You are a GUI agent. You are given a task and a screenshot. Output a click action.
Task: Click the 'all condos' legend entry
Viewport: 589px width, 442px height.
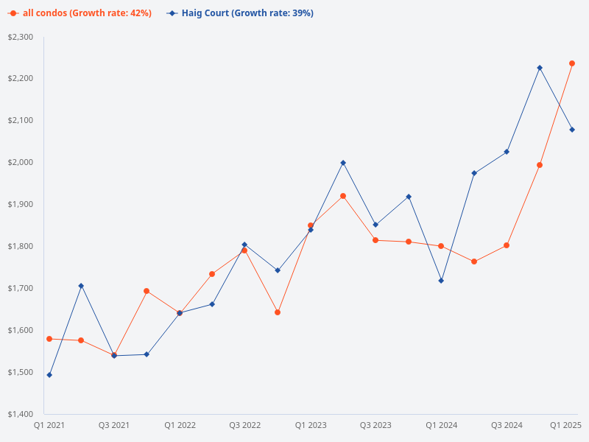pos(81,13)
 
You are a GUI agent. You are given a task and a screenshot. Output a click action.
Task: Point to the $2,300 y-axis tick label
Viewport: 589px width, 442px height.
pos(20,37)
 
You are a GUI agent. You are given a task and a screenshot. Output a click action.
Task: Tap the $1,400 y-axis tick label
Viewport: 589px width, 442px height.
pos(20,414)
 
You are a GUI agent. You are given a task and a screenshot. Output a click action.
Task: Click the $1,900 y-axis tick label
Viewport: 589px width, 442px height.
pos(20,204)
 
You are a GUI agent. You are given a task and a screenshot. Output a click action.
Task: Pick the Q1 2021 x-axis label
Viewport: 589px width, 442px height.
pos(49,425)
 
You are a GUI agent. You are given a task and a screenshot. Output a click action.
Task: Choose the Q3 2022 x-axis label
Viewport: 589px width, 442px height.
pos(245,425)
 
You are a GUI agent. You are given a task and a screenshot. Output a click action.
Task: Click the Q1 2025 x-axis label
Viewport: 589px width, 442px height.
pos(566,425)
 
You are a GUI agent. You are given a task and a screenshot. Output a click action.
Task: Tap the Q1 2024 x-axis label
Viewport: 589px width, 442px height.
pos(442,425)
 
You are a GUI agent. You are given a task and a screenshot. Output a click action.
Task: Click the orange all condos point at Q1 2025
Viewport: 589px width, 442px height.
pos(572,63)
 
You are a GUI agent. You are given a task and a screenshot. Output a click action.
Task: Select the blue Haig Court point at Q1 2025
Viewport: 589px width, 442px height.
pos(572,130)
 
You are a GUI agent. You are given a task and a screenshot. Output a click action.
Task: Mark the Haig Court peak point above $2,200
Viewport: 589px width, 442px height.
pos(540,68)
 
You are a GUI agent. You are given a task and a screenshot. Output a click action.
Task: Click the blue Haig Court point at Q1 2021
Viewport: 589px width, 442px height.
pos(49,375)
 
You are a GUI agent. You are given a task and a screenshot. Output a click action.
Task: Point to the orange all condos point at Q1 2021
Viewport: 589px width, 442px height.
pos(49,339)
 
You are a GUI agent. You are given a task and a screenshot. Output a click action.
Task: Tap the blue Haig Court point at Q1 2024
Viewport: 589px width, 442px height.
pos(441,281)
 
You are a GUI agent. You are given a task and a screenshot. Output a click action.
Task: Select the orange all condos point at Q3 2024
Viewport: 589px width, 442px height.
pos(507,245)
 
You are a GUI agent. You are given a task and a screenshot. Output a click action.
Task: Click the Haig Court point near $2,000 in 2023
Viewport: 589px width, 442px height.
pos(343,163)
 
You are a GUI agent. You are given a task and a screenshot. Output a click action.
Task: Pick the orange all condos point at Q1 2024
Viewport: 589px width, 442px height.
pos(441,246)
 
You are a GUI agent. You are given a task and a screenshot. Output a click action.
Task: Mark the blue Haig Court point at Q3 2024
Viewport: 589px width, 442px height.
pos(507,152)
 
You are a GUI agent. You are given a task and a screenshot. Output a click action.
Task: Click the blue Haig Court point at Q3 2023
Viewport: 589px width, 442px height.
pos(375,225)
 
